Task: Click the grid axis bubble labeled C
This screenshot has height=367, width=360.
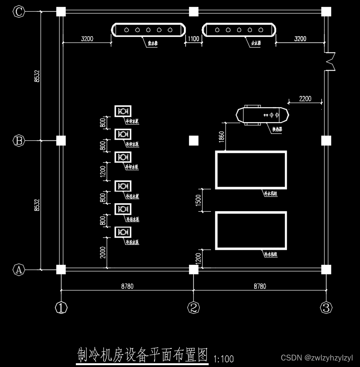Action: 19,12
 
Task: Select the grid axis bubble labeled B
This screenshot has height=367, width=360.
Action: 19,140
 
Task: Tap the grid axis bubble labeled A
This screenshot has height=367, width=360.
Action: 19,270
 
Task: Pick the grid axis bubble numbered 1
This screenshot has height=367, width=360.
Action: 61,308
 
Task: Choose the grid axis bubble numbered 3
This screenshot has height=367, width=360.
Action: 326,308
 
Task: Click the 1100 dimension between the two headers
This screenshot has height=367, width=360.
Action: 194,39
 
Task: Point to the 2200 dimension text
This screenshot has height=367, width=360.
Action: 305,99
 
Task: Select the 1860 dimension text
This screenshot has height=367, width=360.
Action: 221,136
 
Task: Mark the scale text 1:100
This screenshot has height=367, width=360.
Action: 224,359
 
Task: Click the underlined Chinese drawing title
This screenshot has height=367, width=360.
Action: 142,355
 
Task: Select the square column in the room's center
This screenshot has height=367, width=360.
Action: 194,140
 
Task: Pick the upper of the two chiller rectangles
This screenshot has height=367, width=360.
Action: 251,169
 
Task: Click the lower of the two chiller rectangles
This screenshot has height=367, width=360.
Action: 251,230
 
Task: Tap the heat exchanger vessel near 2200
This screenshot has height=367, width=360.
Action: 263,114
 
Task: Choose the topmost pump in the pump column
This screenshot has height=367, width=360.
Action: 123,111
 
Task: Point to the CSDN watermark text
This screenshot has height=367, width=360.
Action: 317,358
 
